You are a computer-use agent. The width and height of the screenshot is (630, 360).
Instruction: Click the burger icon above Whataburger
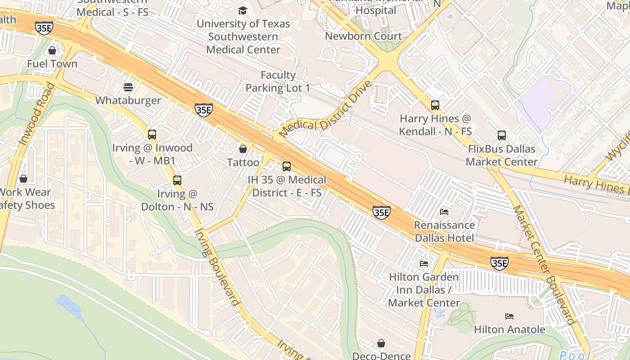coord(128,87)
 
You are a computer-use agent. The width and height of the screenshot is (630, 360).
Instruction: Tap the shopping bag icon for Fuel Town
coord(52,50)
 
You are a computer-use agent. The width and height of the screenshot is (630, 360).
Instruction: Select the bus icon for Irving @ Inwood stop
coord(152,134)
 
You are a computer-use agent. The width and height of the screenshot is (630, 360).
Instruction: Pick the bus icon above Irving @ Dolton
coord(177,180)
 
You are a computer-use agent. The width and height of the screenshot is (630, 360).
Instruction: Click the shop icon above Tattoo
coord(243,149)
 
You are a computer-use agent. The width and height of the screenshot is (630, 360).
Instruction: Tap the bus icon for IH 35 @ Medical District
coord(287,166)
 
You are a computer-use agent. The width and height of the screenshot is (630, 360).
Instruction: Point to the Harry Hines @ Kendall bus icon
coord(435,105)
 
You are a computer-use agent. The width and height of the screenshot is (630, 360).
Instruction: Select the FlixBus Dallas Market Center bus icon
coord(502,135)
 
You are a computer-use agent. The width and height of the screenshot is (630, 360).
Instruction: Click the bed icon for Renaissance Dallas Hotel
coord(444,211)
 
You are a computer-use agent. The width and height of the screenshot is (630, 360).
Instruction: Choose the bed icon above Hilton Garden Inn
coord(424,264)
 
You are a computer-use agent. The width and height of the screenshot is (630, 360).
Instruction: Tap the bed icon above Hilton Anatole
coord(509,316)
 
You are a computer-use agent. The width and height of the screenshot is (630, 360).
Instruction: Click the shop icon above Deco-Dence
coord(381,343)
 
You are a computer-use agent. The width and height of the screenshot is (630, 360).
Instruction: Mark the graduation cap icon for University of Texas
coord(243,10)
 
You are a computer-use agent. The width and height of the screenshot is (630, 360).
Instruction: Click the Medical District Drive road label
coord(326,109)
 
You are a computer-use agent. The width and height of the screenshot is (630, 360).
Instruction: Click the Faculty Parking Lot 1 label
coord(278,81)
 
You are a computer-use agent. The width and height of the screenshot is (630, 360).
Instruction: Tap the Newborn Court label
coord(363,36)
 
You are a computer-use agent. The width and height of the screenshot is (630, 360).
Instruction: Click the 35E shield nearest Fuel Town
coord(44,28)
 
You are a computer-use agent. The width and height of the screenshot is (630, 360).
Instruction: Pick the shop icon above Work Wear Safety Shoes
coord(23,179)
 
